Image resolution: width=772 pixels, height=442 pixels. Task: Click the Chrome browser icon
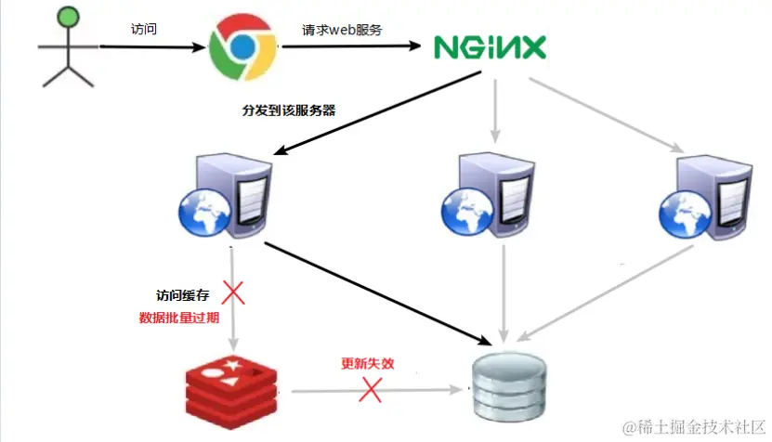[241, 45]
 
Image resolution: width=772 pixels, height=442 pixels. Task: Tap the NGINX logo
[490, 47]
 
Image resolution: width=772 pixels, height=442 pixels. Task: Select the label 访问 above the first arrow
[144, 29]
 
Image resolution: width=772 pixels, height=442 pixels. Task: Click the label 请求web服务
[343, 29]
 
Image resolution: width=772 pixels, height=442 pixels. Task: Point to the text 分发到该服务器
[289, 110]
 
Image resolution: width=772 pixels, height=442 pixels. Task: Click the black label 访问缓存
[183, 296]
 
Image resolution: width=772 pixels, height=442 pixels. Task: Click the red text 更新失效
[368, 364]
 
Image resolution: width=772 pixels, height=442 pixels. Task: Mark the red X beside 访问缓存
[232, 294]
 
